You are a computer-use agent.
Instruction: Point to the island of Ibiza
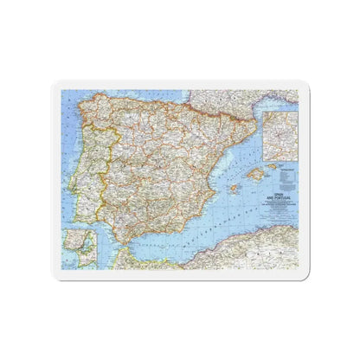[x=233, y=188]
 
